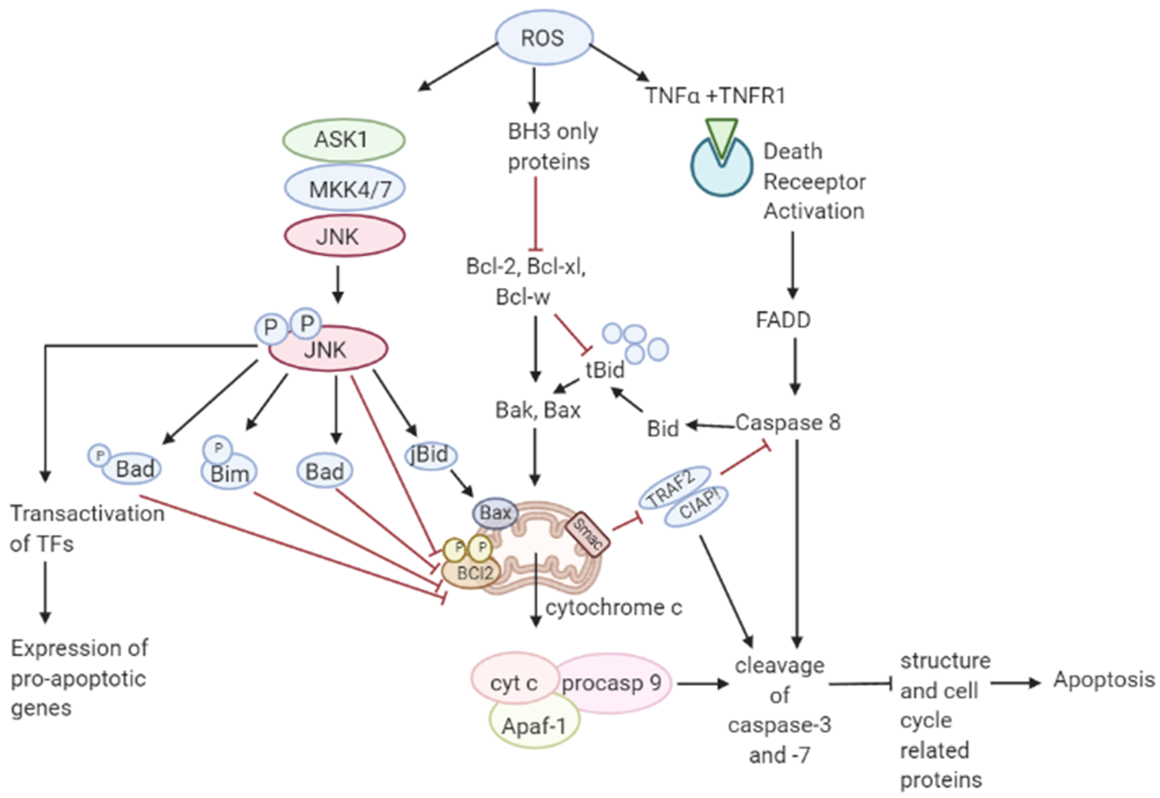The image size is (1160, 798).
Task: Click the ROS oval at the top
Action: pos(544,38)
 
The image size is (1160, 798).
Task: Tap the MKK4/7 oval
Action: pos(345,188)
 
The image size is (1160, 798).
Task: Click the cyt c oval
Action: pos(514,683)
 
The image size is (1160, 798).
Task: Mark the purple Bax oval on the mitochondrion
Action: pos(495,513)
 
